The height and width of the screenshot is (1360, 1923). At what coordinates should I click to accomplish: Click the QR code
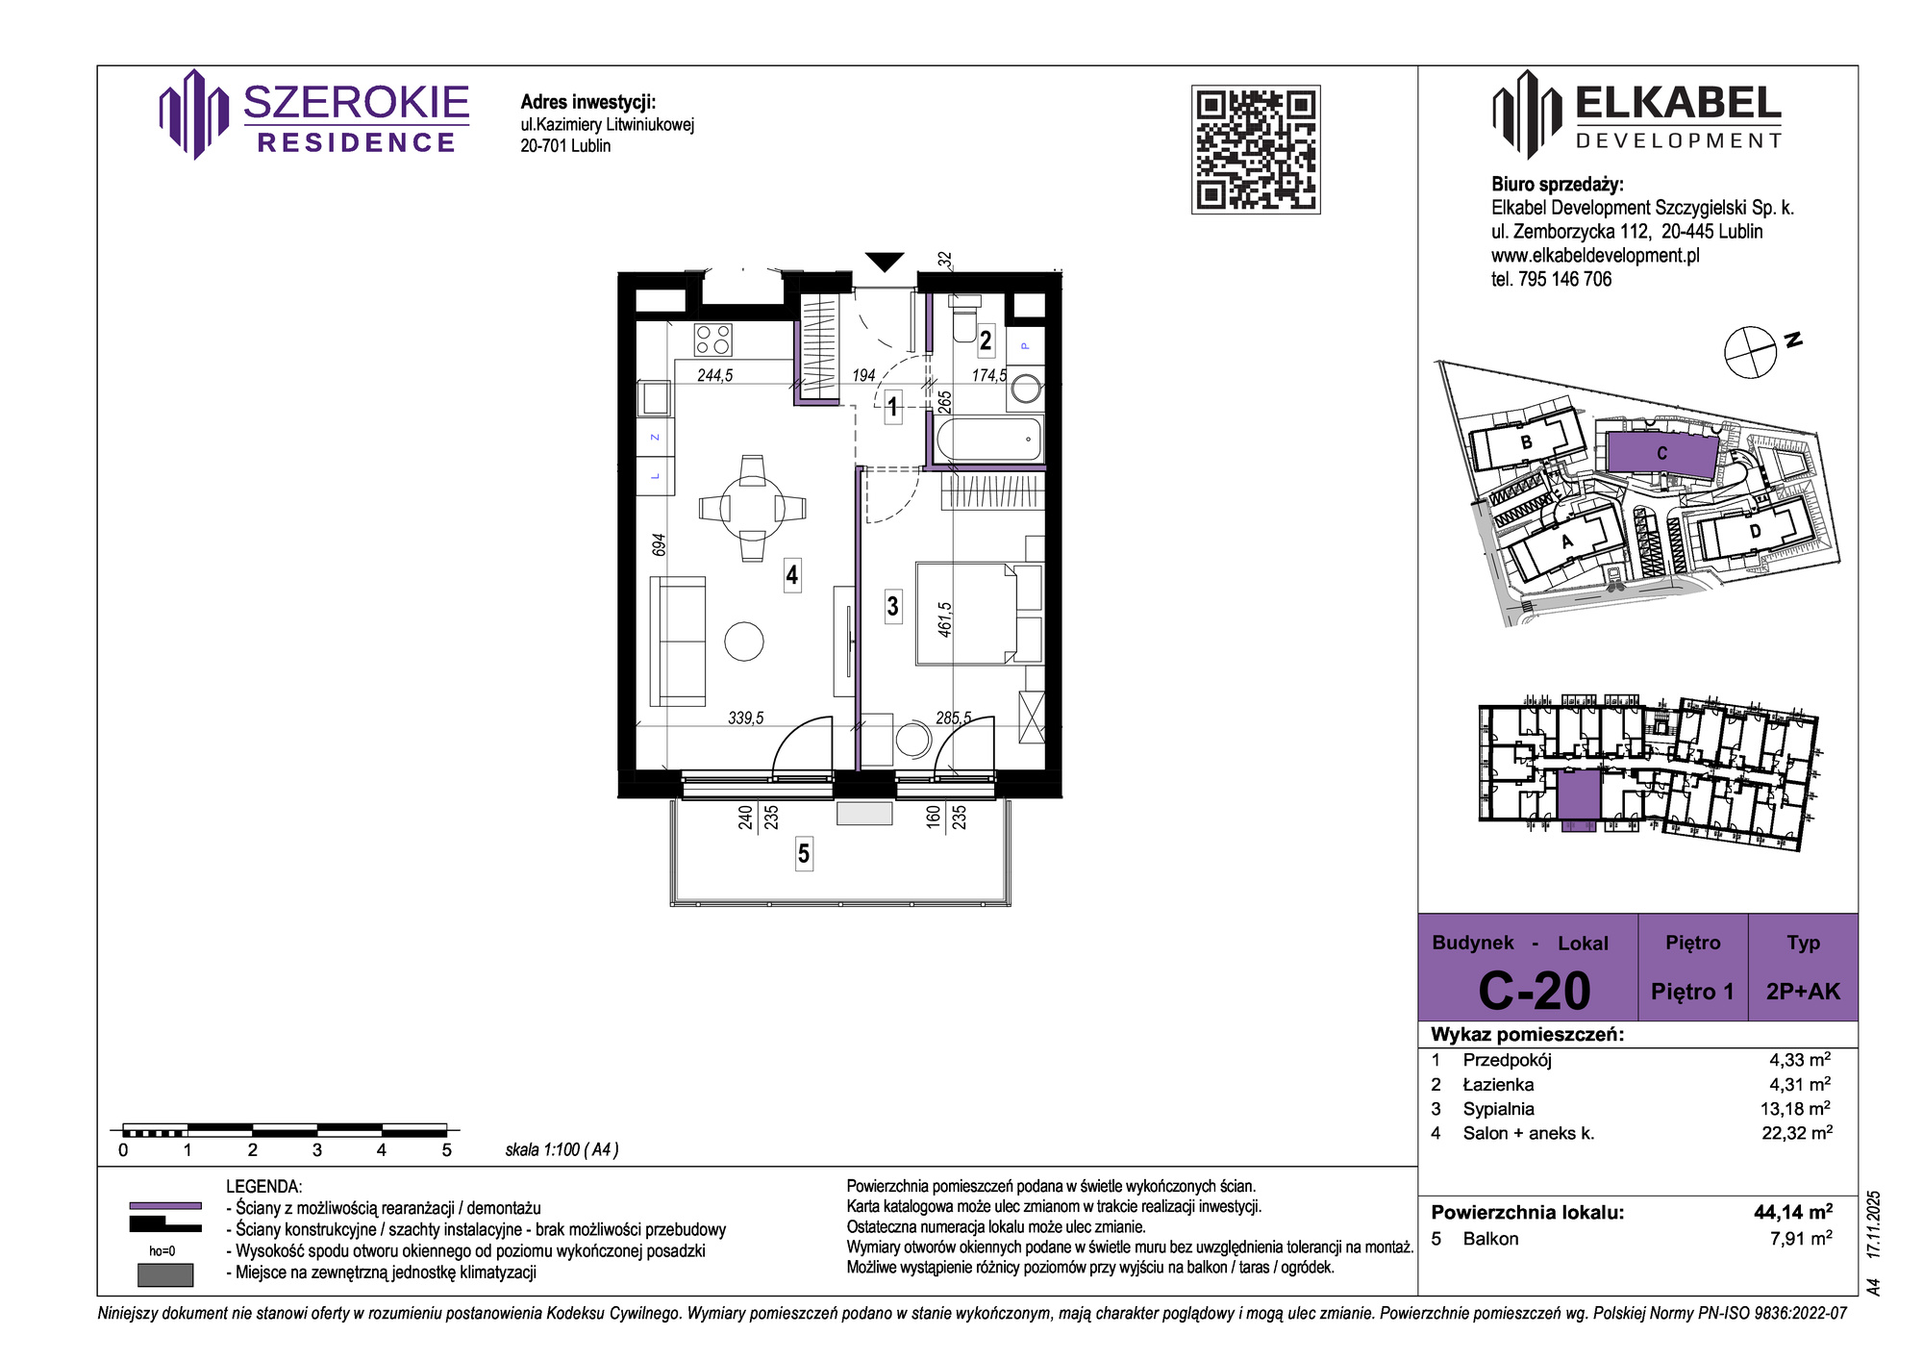(1256, 149)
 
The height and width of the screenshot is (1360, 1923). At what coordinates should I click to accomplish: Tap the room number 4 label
(792, 575)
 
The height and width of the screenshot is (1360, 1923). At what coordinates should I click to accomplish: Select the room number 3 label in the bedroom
(893, 606)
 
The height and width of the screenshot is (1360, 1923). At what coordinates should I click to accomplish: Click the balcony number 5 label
(804, 853)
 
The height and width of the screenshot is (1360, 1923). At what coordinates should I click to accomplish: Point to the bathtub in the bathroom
(989, 440)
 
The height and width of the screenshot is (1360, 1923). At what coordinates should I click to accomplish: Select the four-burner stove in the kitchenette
(713, 340)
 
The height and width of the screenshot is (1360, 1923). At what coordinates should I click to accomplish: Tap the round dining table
(752, 508)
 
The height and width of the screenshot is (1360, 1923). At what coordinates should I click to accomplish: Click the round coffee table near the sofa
(744, 642)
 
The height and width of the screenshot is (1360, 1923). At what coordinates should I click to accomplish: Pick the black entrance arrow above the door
(885, 261)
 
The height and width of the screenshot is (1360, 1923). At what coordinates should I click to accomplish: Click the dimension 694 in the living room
(659, 544)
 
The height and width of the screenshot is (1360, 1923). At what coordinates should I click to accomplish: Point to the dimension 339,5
(746, 718)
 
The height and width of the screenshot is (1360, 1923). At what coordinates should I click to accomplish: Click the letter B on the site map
(1526, 442)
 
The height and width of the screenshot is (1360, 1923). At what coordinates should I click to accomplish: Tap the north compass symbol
(1750, 352)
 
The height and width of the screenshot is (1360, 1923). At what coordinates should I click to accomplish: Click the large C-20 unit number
(1535, 991)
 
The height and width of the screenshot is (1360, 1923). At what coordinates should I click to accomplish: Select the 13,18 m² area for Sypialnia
(1795, 1109)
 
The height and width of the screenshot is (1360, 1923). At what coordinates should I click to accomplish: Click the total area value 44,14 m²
(1793, 1212)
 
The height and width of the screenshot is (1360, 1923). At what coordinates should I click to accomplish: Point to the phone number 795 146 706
(1564, 279)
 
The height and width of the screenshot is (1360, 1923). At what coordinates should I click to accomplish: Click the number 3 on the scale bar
(317, 1150)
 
